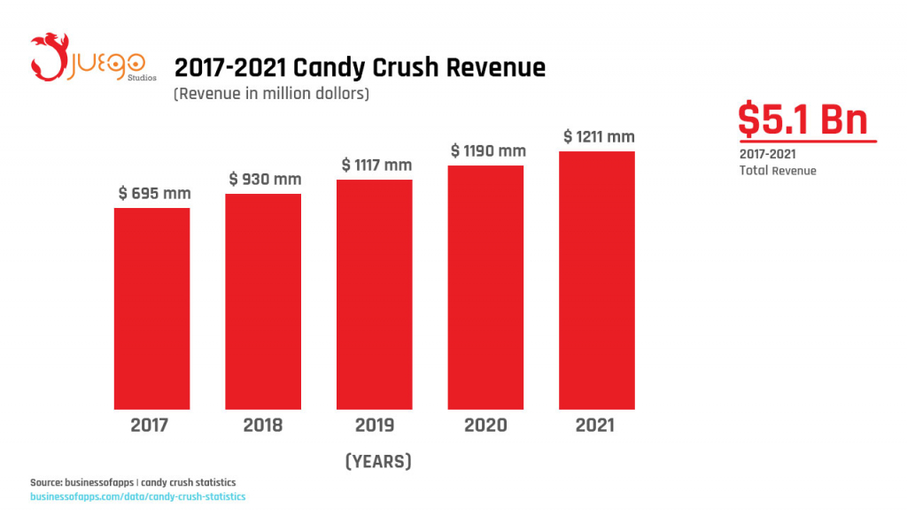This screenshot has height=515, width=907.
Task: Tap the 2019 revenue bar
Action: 375,294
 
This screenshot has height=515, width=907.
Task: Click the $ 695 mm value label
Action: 154,193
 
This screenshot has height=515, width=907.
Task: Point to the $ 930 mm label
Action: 265,179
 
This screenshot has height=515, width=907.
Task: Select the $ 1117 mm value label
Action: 376,165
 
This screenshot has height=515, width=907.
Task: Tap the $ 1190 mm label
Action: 488,150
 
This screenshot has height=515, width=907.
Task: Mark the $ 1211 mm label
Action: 599,136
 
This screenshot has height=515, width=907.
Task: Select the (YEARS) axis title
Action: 377,461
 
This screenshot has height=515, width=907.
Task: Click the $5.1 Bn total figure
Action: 803,119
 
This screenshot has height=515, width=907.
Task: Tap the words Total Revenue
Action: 778,170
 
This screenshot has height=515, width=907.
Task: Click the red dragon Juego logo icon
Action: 50,56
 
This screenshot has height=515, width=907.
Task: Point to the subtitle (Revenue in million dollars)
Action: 271,93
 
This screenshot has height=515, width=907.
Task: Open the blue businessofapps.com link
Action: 137,496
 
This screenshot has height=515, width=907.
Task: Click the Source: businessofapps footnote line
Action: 133,482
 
